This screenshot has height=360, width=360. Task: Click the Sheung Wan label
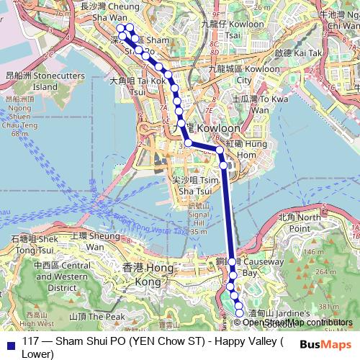coord(96,241)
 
